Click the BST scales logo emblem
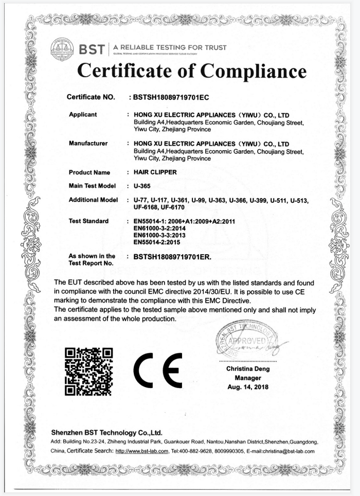[62, 48]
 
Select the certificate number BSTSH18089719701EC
[170, 97]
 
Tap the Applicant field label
[83, 114]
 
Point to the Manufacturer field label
[88, 143]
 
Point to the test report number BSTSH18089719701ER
[172, 256]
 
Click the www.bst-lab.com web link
[142, 451]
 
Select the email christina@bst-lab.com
[289, 451]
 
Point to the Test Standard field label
[89, 221]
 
